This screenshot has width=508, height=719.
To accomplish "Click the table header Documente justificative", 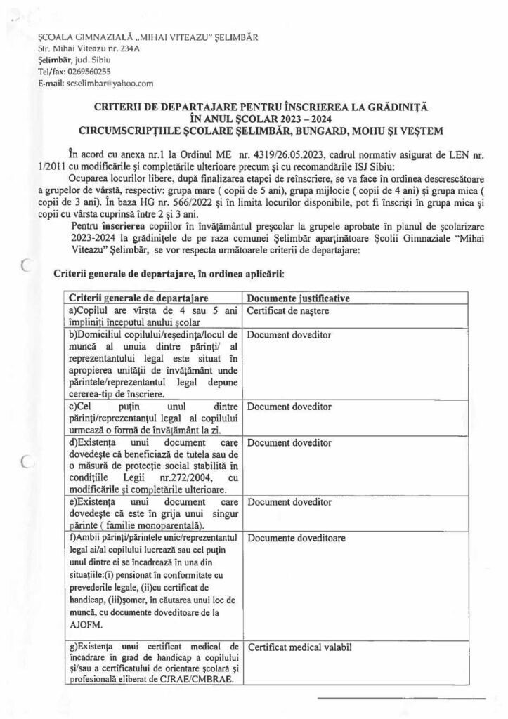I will (x=298, y=298).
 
